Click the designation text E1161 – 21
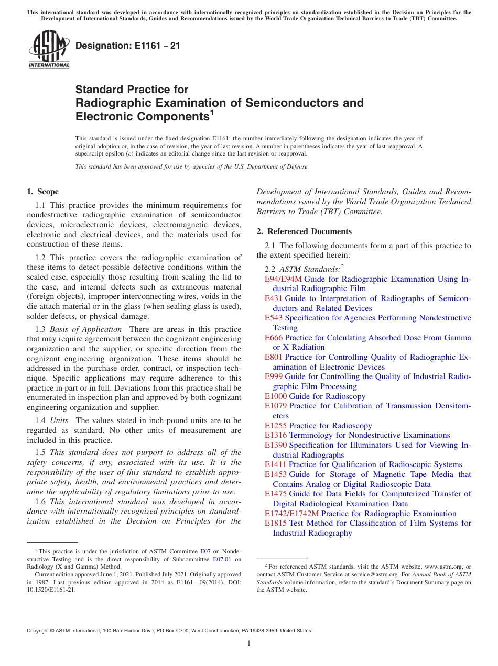click(x=128, y=46)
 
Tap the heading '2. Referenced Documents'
click(x=304, y=231)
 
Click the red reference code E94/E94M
click(x=283, y=279)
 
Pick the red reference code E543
click(x=274, y=318)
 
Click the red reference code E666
click(x=274, y=338)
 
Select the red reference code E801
click(x=274, y=357)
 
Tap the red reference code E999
click(x=274, y=376)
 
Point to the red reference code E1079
click(x=276, y=406)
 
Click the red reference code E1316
click(x=276, y=435)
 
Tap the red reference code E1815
click(x=276, y=523)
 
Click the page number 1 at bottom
click(x=249, y=643)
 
